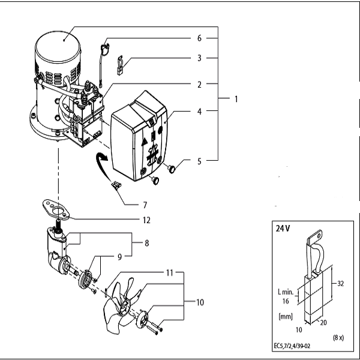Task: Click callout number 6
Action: pos(199,37)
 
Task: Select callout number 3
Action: pos(199,58)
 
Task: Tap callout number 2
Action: pos(199,85)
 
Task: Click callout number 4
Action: pos(199,111)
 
